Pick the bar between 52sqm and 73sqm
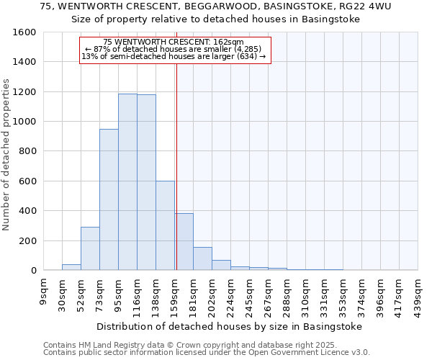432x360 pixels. pos(90,248)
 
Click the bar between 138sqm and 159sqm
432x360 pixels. pos(165,225)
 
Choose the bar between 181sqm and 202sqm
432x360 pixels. pos(202,258)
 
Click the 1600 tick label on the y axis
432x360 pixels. pos(24,32)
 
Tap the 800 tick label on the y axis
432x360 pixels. pos(27,152)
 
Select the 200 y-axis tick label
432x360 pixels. pos(27,241)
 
